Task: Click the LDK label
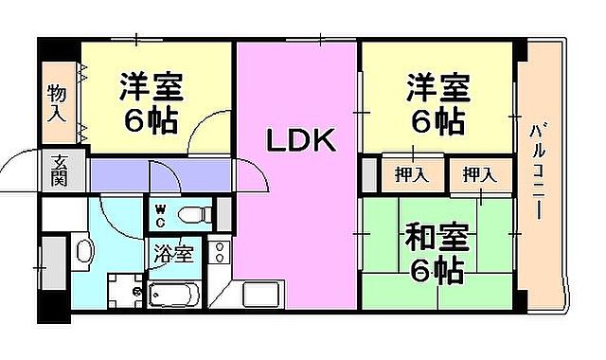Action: click(299, 142)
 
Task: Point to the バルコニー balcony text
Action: click(537, 171)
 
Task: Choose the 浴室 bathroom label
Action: click(173, 253)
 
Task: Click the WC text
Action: click(160, 216)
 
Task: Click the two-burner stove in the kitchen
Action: click(220, 254)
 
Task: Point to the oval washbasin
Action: click(84, 253)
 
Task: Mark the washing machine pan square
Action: click(124, 289)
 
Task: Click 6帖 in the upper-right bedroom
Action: click(437, 120)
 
